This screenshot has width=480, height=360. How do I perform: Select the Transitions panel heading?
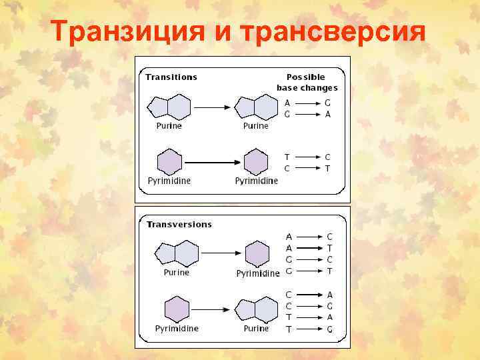tap(171, 76)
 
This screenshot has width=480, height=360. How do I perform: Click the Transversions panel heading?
tap(179, 224)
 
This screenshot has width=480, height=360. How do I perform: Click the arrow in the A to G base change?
tap(306, 103)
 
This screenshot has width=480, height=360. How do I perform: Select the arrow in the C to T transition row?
tap(306, 168)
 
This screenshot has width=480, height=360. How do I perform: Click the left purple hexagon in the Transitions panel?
tap(169, 163)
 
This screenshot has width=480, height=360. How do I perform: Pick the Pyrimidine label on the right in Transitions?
tap(256, 181)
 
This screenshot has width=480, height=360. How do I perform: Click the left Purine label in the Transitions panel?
tap(168, 125)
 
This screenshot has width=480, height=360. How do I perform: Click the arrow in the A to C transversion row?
tap(307, 237)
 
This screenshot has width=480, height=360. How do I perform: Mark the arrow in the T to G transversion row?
tap(307, 329)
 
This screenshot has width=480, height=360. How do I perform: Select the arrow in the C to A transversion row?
tap(307, 295)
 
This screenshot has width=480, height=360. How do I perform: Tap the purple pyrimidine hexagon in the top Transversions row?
tap(257, 255)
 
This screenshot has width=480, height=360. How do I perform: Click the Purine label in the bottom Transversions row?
tap(256, 328)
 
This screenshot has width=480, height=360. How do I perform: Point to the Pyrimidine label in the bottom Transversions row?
tap(177, 328)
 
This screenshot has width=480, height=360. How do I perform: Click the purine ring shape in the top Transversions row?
tap(177, 253)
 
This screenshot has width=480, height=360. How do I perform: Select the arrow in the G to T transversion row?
tap(307, 271)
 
